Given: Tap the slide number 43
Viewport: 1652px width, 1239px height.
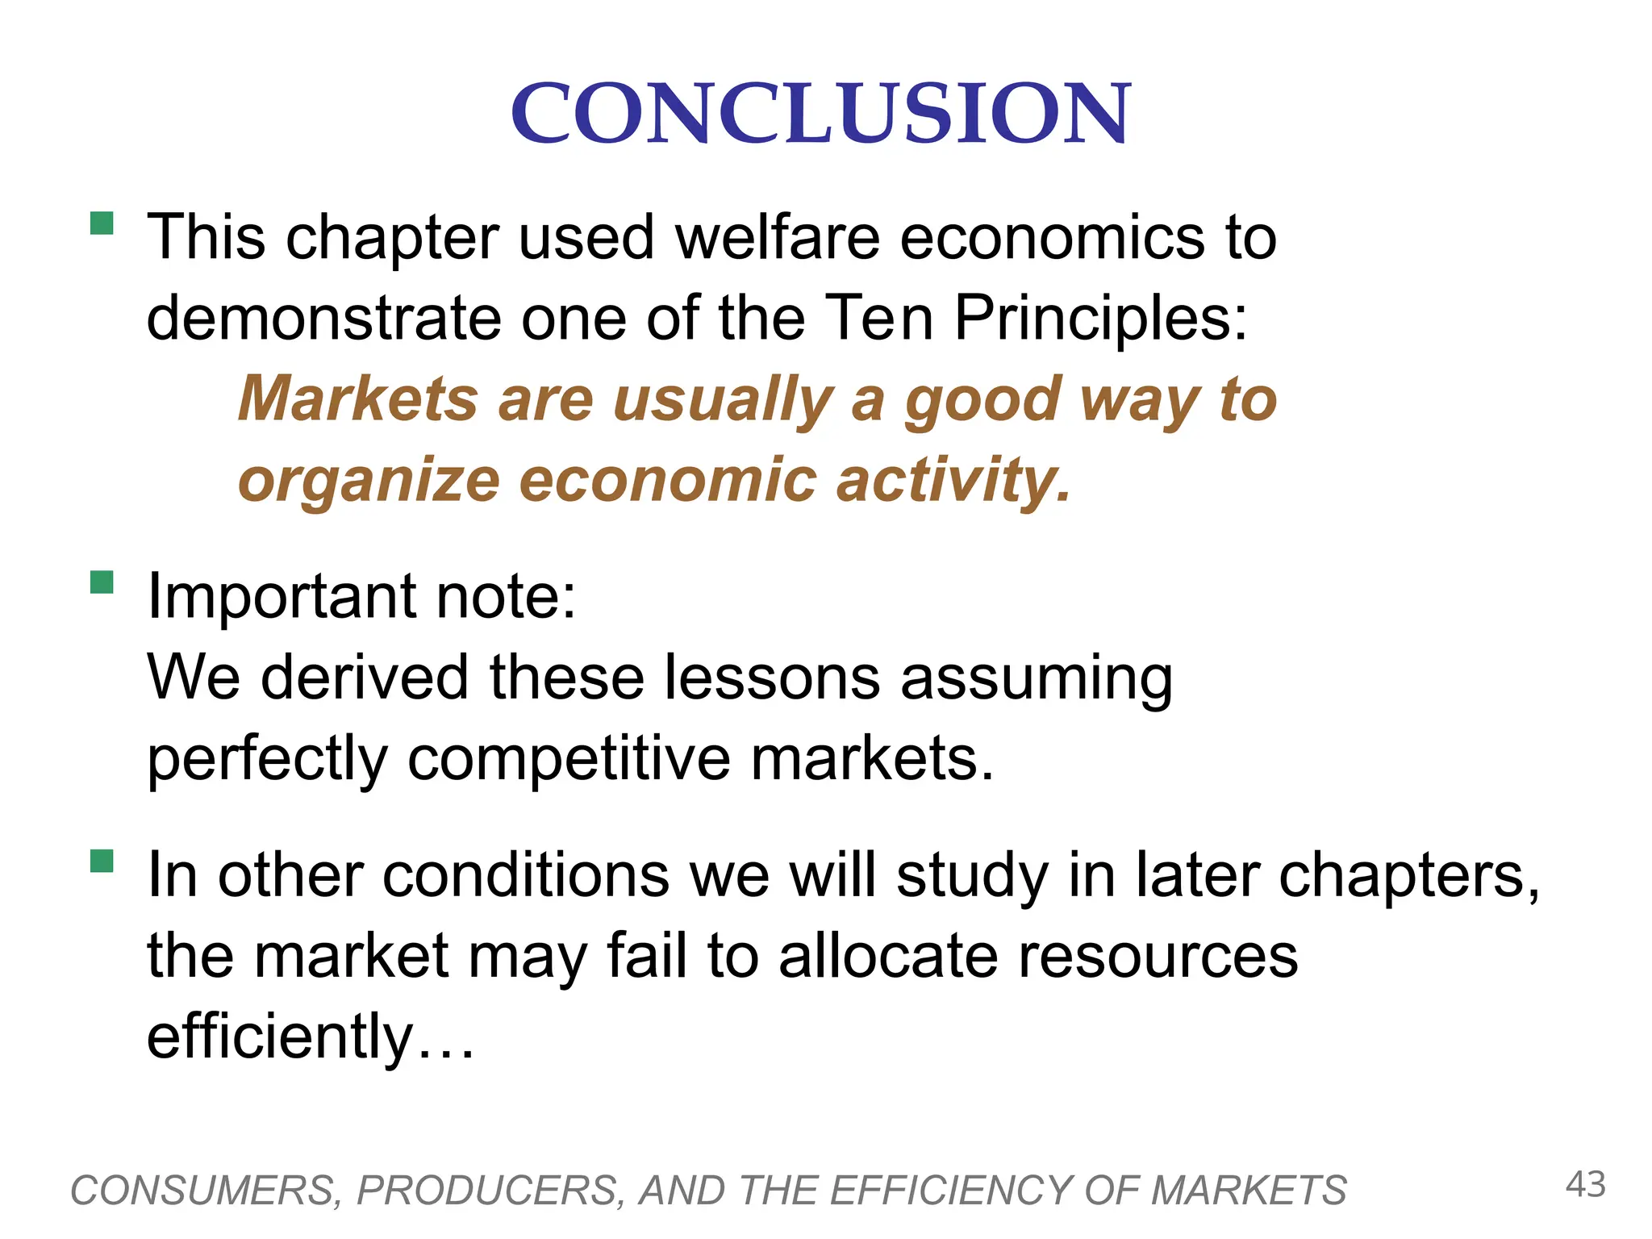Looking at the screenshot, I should (1585, 1185).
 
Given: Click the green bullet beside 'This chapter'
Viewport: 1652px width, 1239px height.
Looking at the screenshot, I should (102, 223).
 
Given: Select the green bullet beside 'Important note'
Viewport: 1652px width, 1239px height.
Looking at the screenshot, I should (102, 582).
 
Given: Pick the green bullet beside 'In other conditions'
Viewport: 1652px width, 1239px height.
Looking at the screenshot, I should (102, 861).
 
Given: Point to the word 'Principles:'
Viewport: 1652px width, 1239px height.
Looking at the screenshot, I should (1101, 318).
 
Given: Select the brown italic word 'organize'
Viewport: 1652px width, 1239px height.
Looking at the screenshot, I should (369, 481).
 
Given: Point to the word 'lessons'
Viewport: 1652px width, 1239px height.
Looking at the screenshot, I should (772, 678).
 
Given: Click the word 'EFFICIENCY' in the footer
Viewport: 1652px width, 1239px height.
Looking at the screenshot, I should (952, 1191).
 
